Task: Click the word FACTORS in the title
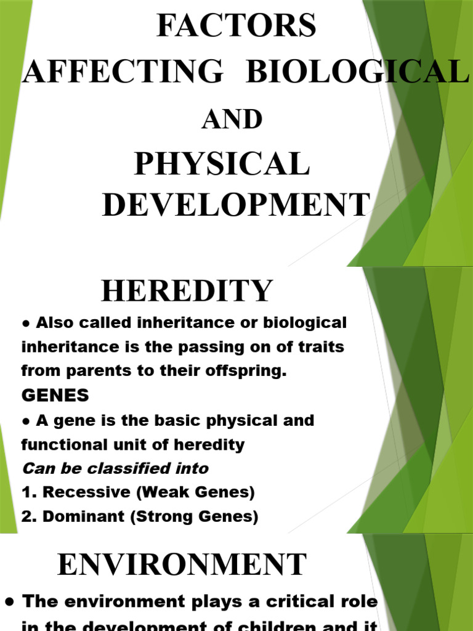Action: click(x=236, y=26)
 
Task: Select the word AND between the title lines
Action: click(x=232, y=120)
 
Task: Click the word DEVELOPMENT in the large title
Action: click(x=236, y=205)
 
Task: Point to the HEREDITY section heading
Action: click(x=187, y=291)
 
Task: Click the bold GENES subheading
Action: click(x=55, y=394)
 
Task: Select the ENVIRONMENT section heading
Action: click(x=182, y=564)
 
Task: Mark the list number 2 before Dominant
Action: click(x=26, y=517)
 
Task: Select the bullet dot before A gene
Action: click(x=26, y=421)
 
